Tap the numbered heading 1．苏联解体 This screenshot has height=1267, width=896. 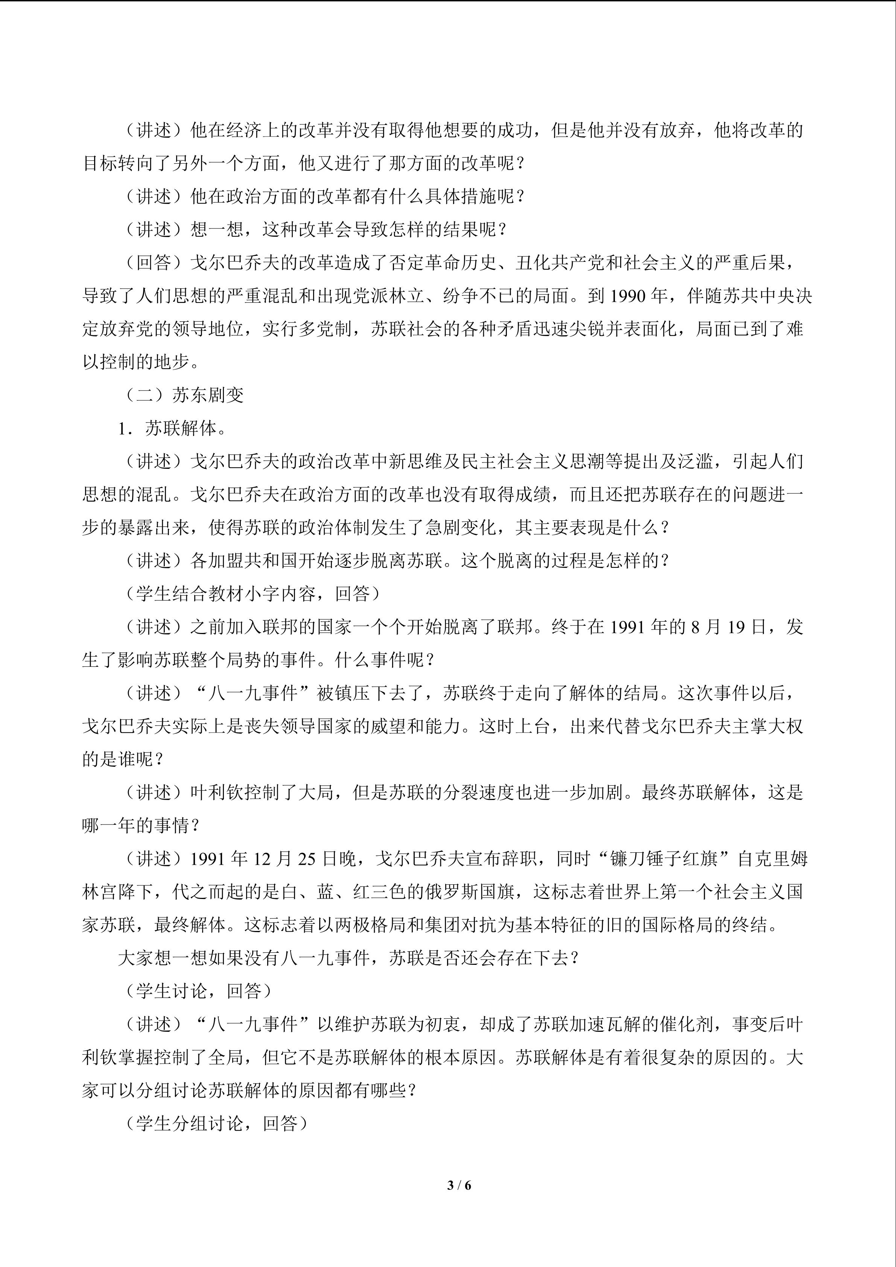[172, 428]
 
